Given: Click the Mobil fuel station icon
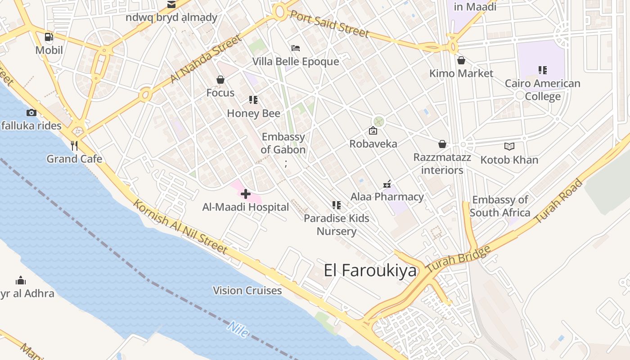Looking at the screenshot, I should point(49,37).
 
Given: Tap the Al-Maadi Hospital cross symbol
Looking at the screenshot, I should point(246,194).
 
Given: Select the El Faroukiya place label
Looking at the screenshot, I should point(370,270).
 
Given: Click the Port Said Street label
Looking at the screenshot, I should point(329,24).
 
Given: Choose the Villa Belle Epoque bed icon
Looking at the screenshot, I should point(296,48).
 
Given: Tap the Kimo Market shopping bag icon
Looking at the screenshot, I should point(461,60).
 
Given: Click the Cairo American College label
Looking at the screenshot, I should point(542,90).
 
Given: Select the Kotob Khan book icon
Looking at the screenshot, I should point(509,146).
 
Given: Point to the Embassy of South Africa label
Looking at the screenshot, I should point(500,206).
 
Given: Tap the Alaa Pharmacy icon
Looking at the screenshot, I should point(387,184).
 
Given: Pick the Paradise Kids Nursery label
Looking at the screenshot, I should point(337,225).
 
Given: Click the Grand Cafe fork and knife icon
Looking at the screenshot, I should point(74,145).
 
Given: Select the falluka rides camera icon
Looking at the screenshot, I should point(31,112).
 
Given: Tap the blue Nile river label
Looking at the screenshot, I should point(238,329).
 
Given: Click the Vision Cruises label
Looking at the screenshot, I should point(247,291).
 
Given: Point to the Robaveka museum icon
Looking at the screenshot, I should point(373,131).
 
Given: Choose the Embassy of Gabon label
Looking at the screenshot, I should point(283,143).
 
